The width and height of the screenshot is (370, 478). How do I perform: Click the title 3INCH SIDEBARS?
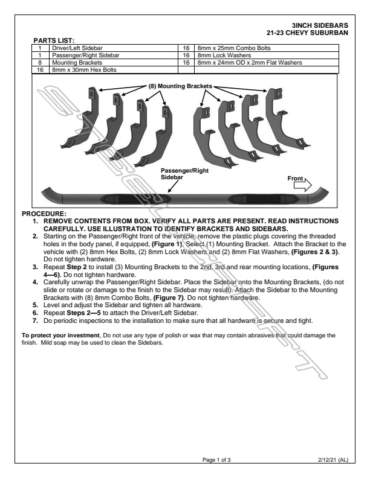[x=319, y=25]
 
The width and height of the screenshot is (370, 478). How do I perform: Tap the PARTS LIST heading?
[x=54, y=40]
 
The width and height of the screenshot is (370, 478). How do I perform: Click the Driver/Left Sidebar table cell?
[x=77, y=47]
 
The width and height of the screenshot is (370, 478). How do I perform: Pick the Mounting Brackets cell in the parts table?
[x=76, y=62]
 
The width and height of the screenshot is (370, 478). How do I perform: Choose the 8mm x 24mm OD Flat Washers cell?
[x=249, y=62]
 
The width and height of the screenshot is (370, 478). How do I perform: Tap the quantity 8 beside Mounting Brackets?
[x=40, y=62]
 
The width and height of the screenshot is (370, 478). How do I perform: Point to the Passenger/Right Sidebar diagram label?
[x=184, y=174]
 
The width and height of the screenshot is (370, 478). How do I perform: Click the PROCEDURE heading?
[x=45, y=214]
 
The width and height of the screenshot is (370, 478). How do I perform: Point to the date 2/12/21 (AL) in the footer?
[x=333, y=460]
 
